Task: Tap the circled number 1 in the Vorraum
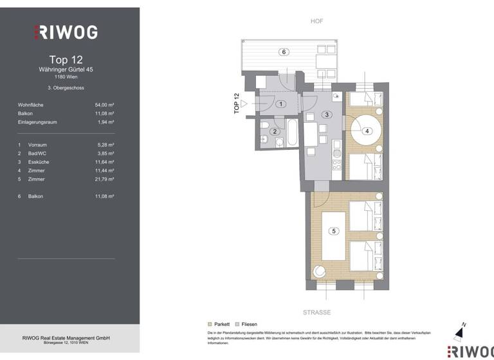[x=280, y=104]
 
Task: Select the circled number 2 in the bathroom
[x=275, y=131]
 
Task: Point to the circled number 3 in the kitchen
[x=327, y=114]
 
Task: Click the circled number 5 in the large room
[x=333, y=231]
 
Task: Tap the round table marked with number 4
[x=367, y=131]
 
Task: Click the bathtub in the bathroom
[x=291, y=133]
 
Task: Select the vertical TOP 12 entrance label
[x=237, y=104]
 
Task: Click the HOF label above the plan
[x=316, y=21]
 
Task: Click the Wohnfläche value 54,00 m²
[x=104, y=104]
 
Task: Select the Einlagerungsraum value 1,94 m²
[x=105, y=122]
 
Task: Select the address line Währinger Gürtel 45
[x=66, y=69]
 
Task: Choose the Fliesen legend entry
[x=246, y=324]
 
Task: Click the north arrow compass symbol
[x=459, y=331]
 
